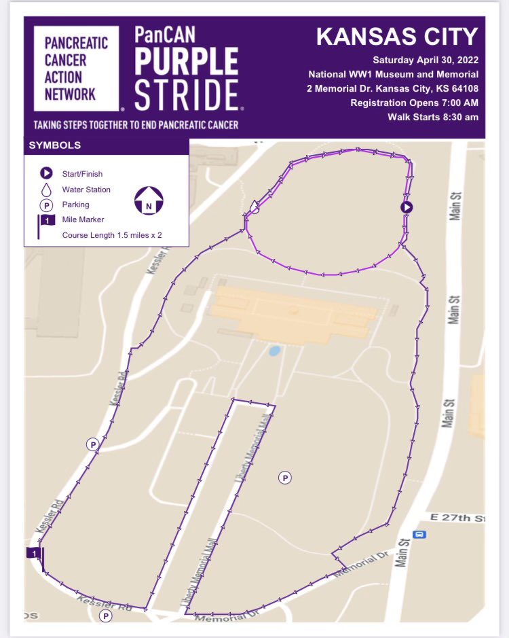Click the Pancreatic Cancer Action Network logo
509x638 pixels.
click(76, 67)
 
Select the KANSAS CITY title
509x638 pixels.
click(397, 37)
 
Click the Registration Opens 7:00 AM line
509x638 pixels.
click(414, 103)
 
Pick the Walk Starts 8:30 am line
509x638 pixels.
click(432, 117)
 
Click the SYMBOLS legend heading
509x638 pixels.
click(55, 145)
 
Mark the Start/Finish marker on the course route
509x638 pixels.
click(407, 207)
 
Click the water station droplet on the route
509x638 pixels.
click(254, 206)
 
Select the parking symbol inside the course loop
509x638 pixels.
click(286, 478)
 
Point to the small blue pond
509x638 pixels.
click(274, 351)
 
